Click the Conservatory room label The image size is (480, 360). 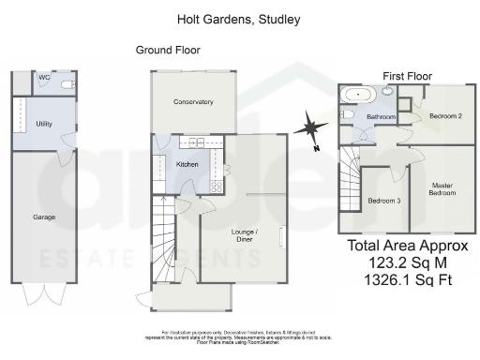193,102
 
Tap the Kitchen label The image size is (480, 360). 187,164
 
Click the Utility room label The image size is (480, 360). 43,123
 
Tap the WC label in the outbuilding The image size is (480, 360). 43,78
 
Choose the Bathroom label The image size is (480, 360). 381,117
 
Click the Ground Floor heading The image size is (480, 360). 168,50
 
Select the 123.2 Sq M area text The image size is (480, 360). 407,264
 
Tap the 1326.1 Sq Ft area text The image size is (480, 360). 407,280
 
